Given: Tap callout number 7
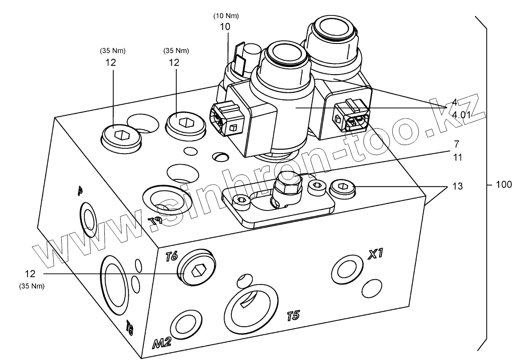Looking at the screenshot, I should (456, 145).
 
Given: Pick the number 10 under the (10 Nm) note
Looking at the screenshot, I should (225, 27).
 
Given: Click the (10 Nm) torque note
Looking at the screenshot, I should (226, 16).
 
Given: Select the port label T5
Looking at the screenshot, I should (294, 316).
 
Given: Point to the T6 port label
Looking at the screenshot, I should (171, 256).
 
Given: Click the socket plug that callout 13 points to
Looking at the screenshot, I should (343, 189).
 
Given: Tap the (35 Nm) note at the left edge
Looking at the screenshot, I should (32, 286).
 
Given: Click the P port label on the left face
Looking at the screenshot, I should (80, 191).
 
